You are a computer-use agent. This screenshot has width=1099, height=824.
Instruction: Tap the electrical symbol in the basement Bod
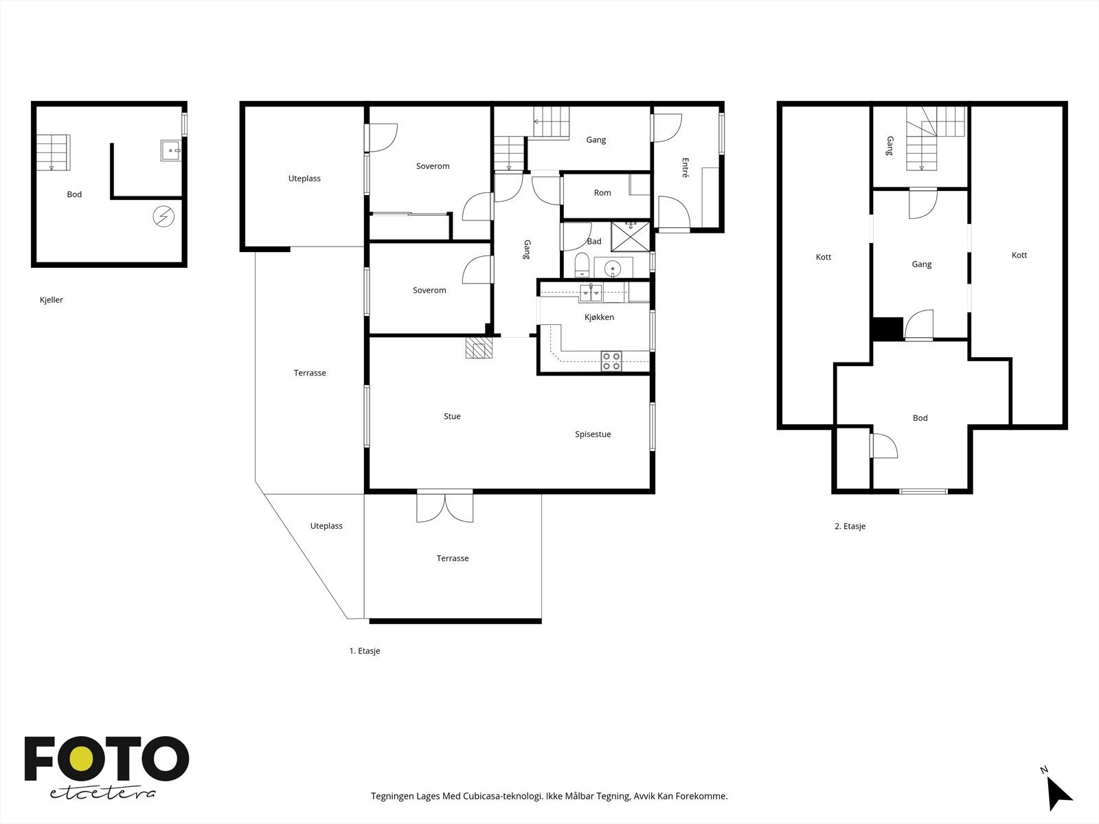click(x=163, y=216)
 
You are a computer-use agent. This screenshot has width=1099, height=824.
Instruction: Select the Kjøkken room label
click(x=599, y=317)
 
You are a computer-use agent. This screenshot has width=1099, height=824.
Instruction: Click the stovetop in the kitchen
click(x=611, y=361)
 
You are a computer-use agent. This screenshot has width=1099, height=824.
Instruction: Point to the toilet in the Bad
click(x=582, y=264)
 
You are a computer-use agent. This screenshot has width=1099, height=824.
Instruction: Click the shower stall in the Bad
click(x=631, y=237)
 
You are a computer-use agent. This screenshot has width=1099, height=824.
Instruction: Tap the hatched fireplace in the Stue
click(x=479, y=347)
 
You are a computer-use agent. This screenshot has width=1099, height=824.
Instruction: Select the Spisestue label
click(x=593, y=434)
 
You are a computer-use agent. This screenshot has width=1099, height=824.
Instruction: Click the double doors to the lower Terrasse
click(x=444, y=506)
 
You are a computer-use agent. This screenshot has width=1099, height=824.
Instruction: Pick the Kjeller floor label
click(x=51, y=300)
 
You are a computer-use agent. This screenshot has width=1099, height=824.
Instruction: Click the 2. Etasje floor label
click(x=850, y=526)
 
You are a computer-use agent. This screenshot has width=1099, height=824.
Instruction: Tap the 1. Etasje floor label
click(x=365, y=651)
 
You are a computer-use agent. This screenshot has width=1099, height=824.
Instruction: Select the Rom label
click(x=602, y=193)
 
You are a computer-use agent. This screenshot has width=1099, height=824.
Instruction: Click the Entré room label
click(x=685, y=168)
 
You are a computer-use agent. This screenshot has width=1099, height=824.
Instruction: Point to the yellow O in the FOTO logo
click(x=82, y=759)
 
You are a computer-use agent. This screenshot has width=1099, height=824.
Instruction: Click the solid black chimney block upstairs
click(x=887, y=329)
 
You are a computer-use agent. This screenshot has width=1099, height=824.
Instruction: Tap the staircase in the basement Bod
click(x=53, y=152)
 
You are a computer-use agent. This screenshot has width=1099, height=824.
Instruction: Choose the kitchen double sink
click(x=591, y=293)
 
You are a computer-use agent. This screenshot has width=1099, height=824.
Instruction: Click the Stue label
click(x=452, y=416)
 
